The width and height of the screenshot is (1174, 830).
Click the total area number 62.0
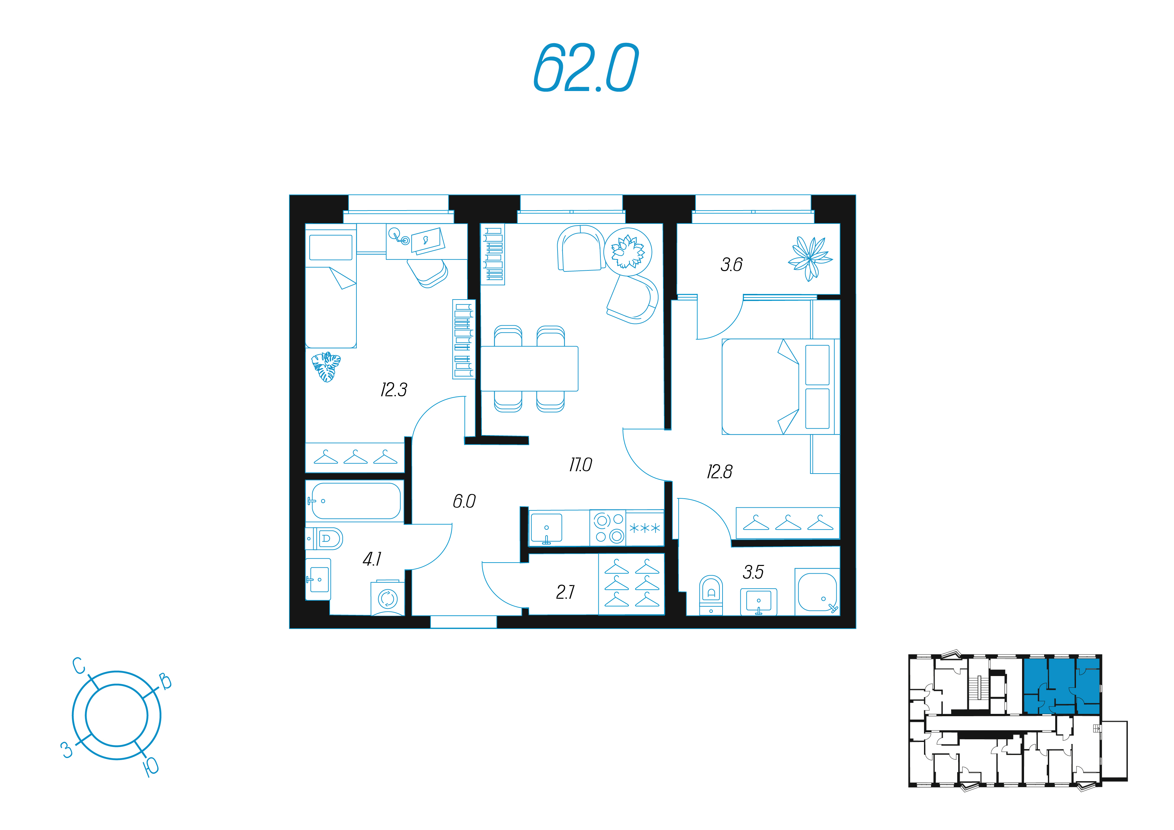[586, 68]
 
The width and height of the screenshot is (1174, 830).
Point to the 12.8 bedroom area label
[720, 472]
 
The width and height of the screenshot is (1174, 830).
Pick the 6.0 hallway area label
[464, 501]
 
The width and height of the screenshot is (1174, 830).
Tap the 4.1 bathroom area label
[372, 559]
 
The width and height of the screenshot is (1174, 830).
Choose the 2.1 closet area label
[566, 592]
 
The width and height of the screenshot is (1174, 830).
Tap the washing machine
[388, 597]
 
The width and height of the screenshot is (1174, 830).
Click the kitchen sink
[546, 528]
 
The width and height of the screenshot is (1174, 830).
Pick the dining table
[529, 368]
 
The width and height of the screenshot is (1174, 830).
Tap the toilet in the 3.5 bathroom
[711, 595]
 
